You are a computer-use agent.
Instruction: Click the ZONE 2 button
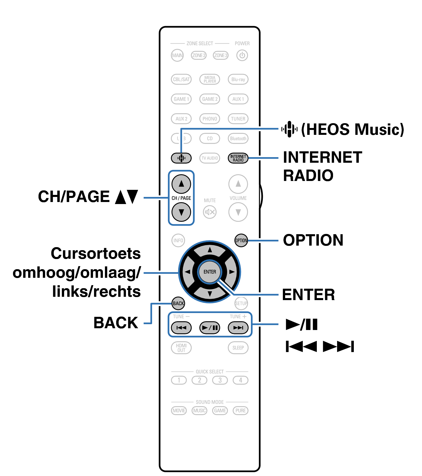pos(198,55)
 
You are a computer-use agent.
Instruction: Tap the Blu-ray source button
pos(238,79)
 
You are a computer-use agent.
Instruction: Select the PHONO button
pos(210,119)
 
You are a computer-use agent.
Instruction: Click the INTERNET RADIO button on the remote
pos(238,158)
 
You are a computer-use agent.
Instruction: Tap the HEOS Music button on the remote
pos(181,158)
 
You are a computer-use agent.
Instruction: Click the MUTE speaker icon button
pos(210,212)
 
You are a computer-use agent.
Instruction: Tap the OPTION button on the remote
pos(241,240)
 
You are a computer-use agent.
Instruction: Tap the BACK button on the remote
pos(178,303)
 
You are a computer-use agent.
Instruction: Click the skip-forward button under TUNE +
pos(238,328)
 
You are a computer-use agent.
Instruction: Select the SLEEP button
pos(238,348)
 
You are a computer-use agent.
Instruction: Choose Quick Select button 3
pos(220,380)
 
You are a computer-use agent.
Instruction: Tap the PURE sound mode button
pos(240,410)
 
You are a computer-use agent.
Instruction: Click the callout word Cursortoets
pos(96,253)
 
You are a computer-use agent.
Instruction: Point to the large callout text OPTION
pos(313,240)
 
